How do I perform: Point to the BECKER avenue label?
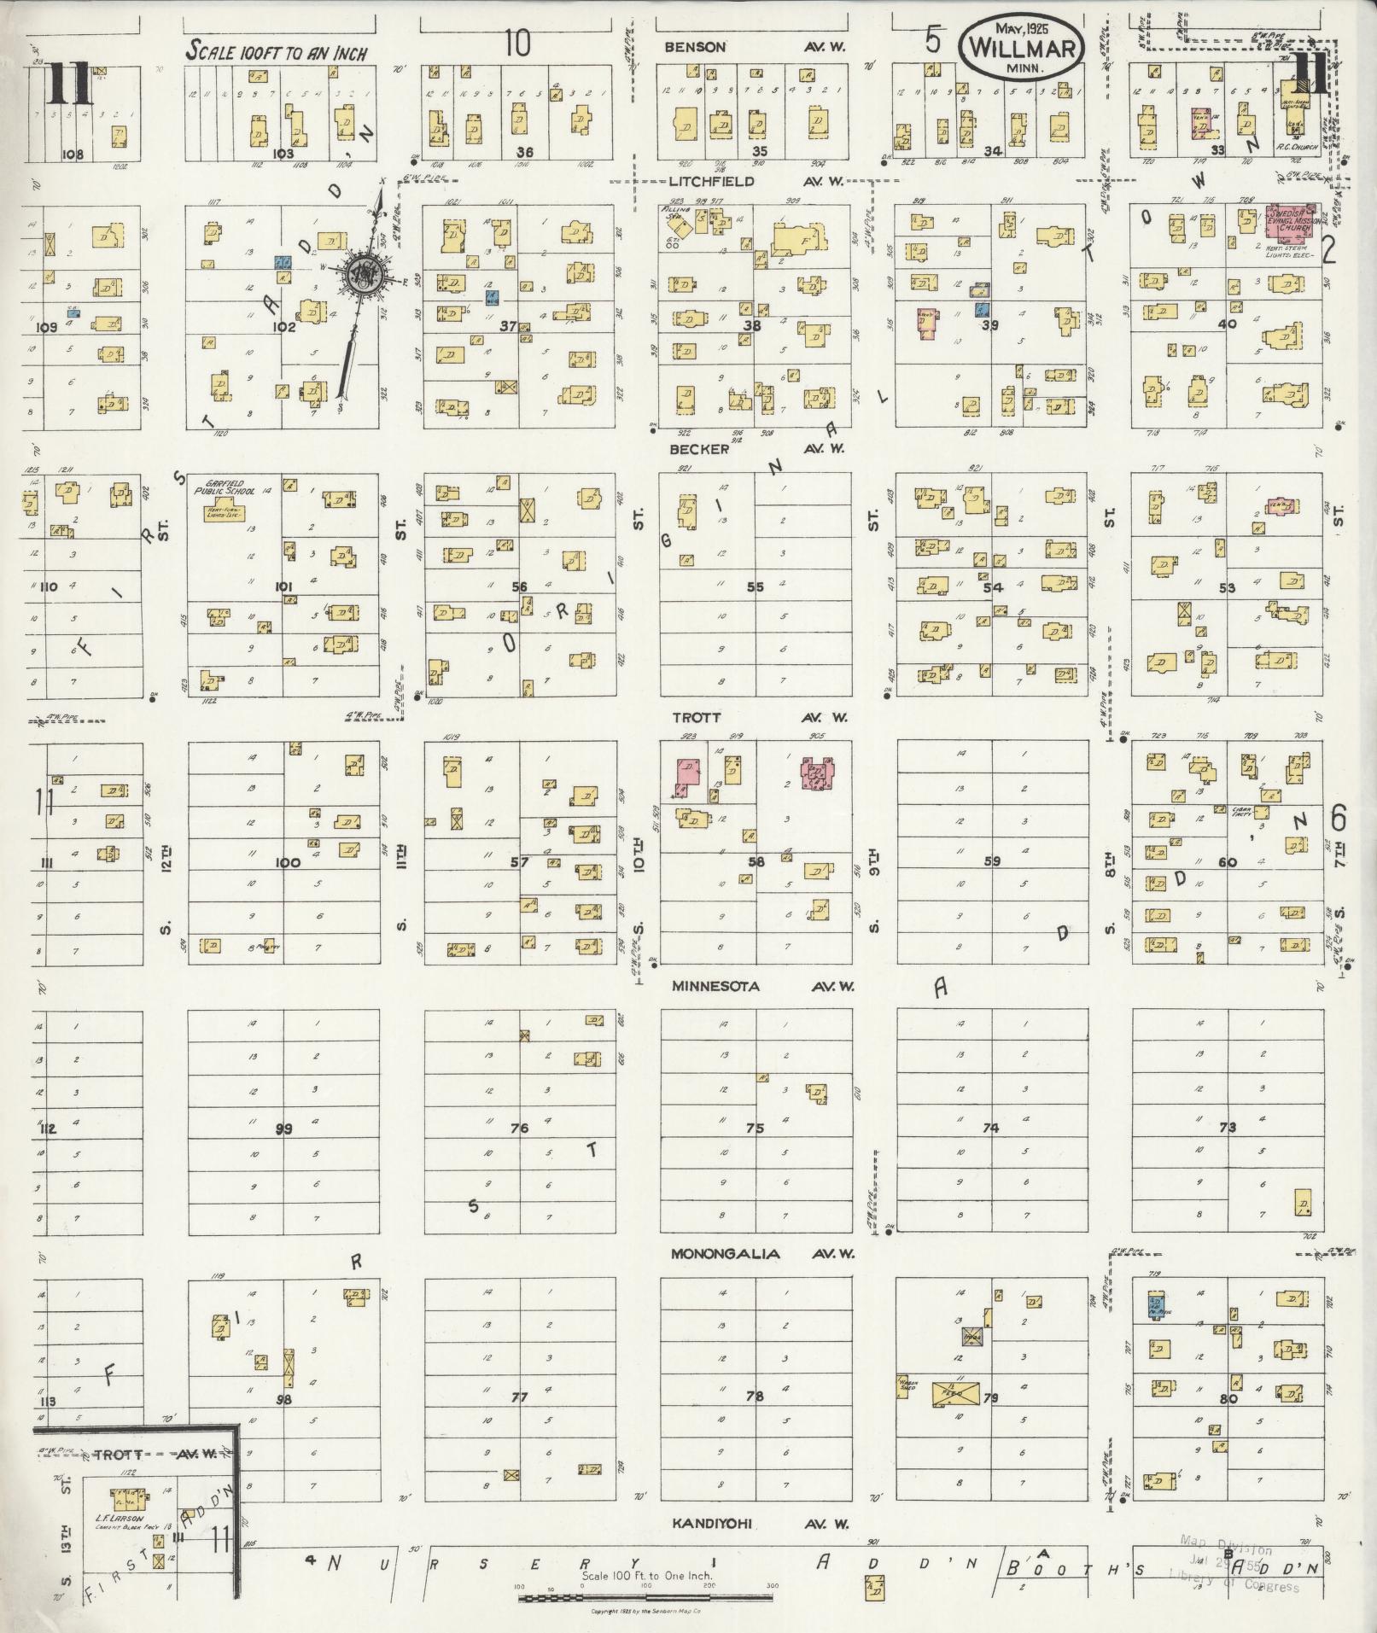point(699,449)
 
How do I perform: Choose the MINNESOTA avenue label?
point(715,986)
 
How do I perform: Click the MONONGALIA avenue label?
point(725,1254)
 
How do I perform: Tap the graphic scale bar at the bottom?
point(645,1596)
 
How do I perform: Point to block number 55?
point(755,586)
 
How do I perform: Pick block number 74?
point(990,1128)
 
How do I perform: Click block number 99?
point(284,1129)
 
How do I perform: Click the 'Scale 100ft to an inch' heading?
point(277,52)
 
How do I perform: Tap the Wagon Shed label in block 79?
point(906,1386)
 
